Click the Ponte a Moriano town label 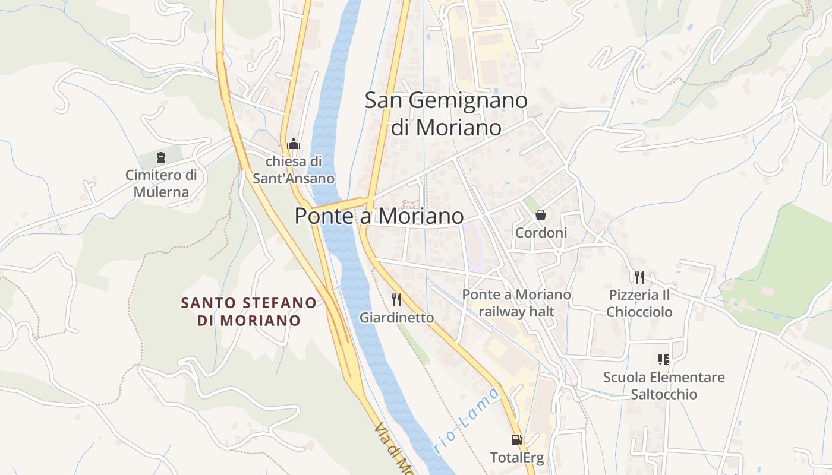[379, 216]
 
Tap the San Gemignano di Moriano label [446, 113]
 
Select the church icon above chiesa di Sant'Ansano [293, 144]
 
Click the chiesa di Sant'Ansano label [294, 170]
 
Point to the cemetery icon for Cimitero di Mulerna [160, 157]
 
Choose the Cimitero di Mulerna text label [161, 183]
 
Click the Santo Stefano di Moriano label [249, 312]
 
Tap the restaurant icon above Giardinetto [396, 299]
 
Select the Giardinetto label [396, 318]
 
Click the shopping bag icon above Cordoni [541, 215]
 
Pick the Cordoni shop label [541, 233]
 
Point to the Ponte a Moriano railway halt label [516, 303]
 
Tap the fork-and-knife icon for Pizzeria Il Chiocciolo [639, 277]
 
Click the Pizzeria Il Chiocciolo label [639, 303]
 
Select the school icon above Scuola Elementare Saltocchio [664, 359]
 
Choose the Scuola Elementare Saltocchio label [664, 385]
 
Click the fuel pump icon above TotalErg [517, 440]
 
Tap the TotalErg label [517, 458]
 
